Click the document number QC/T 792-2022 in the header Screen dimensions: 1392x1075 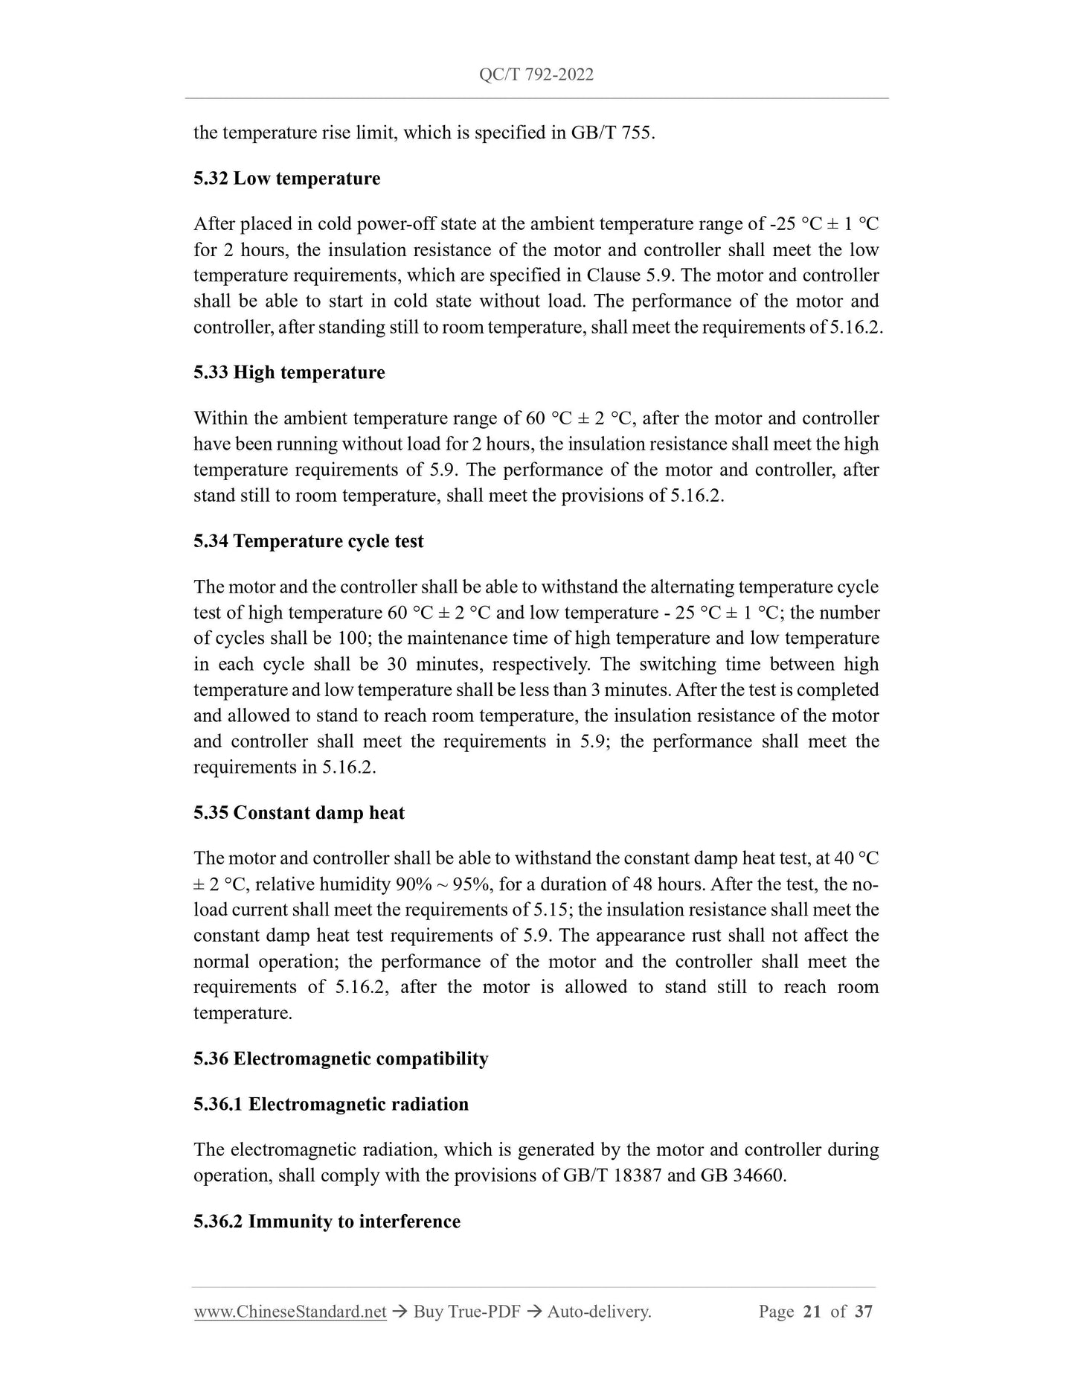pyautogui.click(x=536, y=74)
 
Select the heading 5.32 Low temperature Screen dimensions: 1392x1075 pyautogui.click(x=286, y=179)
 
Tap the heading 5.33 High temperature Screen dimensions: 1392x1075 pyautogui.click(x=289, y=372)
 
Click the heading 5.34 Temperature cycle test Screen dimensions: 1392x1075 pyautogui.click(x=308, y=541)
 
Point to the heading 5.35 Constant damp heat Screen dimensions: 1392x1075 pyautogui.click(x=298, y=813)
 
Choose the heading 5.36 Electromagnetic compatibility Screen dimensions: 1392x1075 pyautogui.click(x=340, y=1059)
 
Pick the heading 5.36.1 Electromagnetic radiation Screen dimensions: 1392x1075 pyautogui.click(x=330, y=1104)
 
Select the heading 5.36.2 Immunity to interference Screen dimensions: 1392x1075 pyautogui.click(x=327, y=1222)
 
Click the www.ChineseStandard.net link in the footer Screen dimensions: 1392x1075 pyautogui.click(x=289, y=1312)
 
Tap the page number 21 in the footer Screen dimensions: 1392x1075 pyautogui.click(x=812, y=1312)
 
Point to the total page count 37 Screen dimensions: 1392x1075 pyautogui.click(x=863, y=1312)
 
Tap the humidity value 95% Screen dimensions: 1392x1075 pyautogui.click(x=477, y=884)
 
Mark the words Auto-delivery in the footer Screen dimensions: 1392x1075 pyautogui.click(x=598, y=1312)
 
